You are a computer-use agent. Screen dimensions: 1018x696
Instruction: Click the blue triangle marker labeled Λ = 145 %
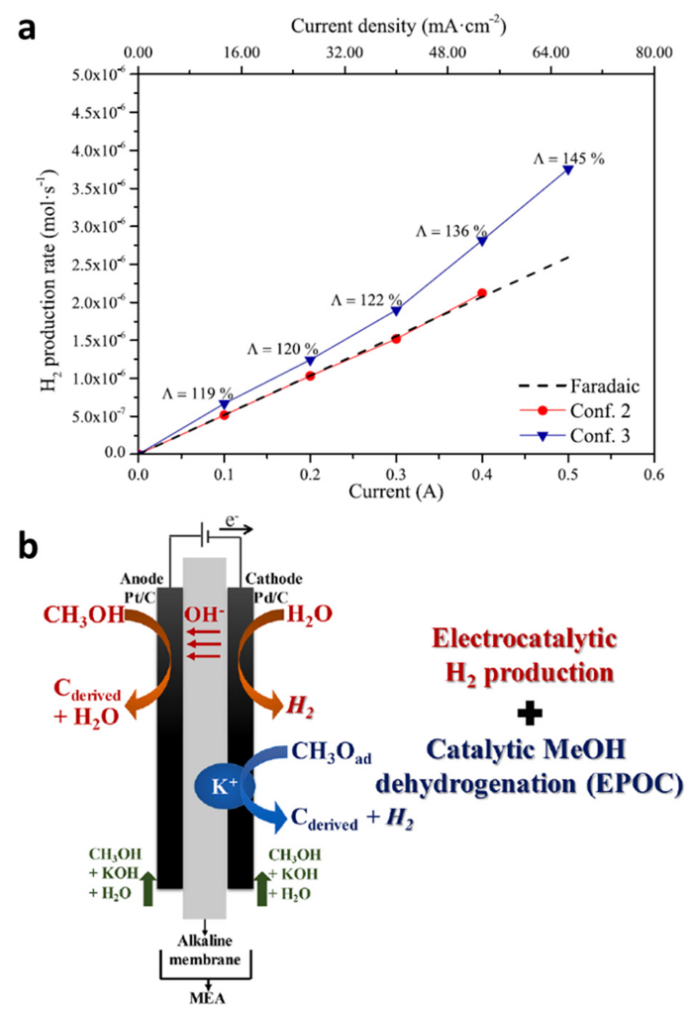tap(568, 170)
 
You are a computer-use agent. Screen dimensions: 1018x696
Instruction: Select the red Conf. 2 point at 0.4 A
tap(482, 293)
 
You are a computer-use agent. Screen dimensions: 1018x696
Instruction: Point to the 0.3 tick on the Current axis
tap(396, 475)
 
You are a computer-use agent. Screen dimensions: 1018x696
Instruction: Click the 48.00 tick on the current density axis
tap(448, 53)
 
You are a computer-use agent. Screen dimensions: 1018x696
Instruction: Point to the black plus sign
tap(530, 713)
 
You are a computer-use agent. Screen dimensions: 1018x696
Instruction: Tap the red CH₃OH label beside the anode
tap(85, 615)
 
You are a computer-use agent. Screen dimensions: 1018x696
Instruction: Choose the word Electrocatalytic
tap(524, 639)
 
